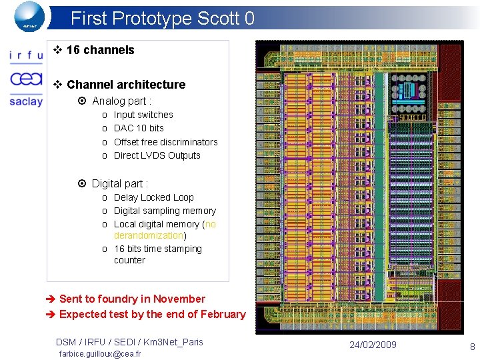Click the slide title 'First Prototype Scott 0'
(162, 18)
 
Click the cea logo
(26, 79)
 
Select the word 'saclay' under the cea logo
(26, 101)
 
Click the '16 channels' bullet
(100, 50)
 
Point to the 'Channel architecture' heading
(126, 85)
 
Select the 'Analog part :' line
(121, 101)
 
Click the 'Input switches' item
(143, 115)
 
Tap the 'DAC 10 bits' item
(139, 128)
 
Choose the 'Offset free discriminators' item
(165, 142)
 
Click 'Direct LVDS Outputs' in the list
(157, 155)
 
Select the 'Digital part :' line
(119, 183)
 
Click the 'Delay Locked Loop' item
(153, 197)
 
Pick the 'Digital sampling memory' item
(165, 211)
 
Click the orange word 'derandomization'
(149, 235)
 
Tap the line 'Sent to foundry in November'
(132, 299)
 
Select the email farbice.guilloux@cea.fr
(100, 353)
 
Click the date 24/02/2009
(373, 345)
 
